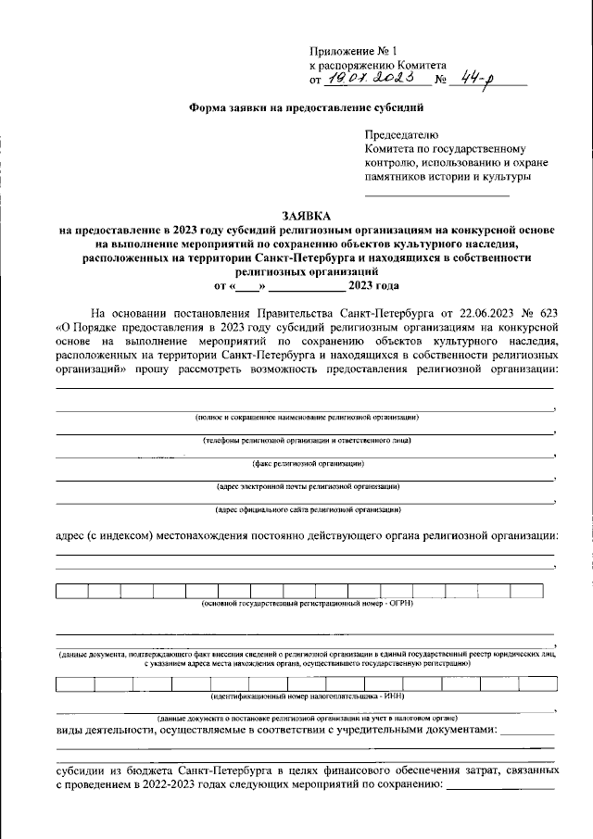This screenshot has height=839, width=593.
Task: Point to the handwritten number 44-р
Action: pyautogui.click(x=478, y=81)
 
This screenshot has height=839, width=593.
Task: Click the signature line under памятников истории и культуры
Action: pyautogui.click(x=436, y=194)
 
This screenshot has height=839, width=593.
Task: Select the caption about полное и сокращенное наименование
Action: pyautogui.click(x=306, y=419)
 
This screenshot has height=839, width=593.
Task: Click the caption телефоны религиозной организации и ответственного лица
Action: pyautogui.click(x=306, y=441)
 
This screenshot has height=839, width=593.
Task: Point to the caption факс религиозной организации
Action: pyautogui.click(x=307, y=463)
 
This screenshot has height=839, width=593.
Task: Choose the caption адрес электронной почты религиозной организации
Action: pyautogui.click(x=307, y=485)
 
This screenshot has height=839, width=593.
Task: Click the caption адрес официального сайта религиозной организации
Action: pyautogui.click(x=307, y=508)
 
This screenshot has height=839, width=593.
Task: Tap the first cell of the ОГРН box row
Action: pyautogui.click(x=71, y=589)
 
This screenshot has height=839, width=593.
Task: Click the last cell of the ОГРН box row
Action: pyautogui.click(x=525, y=589)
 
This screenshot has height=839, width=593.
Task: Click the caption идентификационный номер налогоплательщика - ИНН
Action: pyautogui.click(x=307, y=696)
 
